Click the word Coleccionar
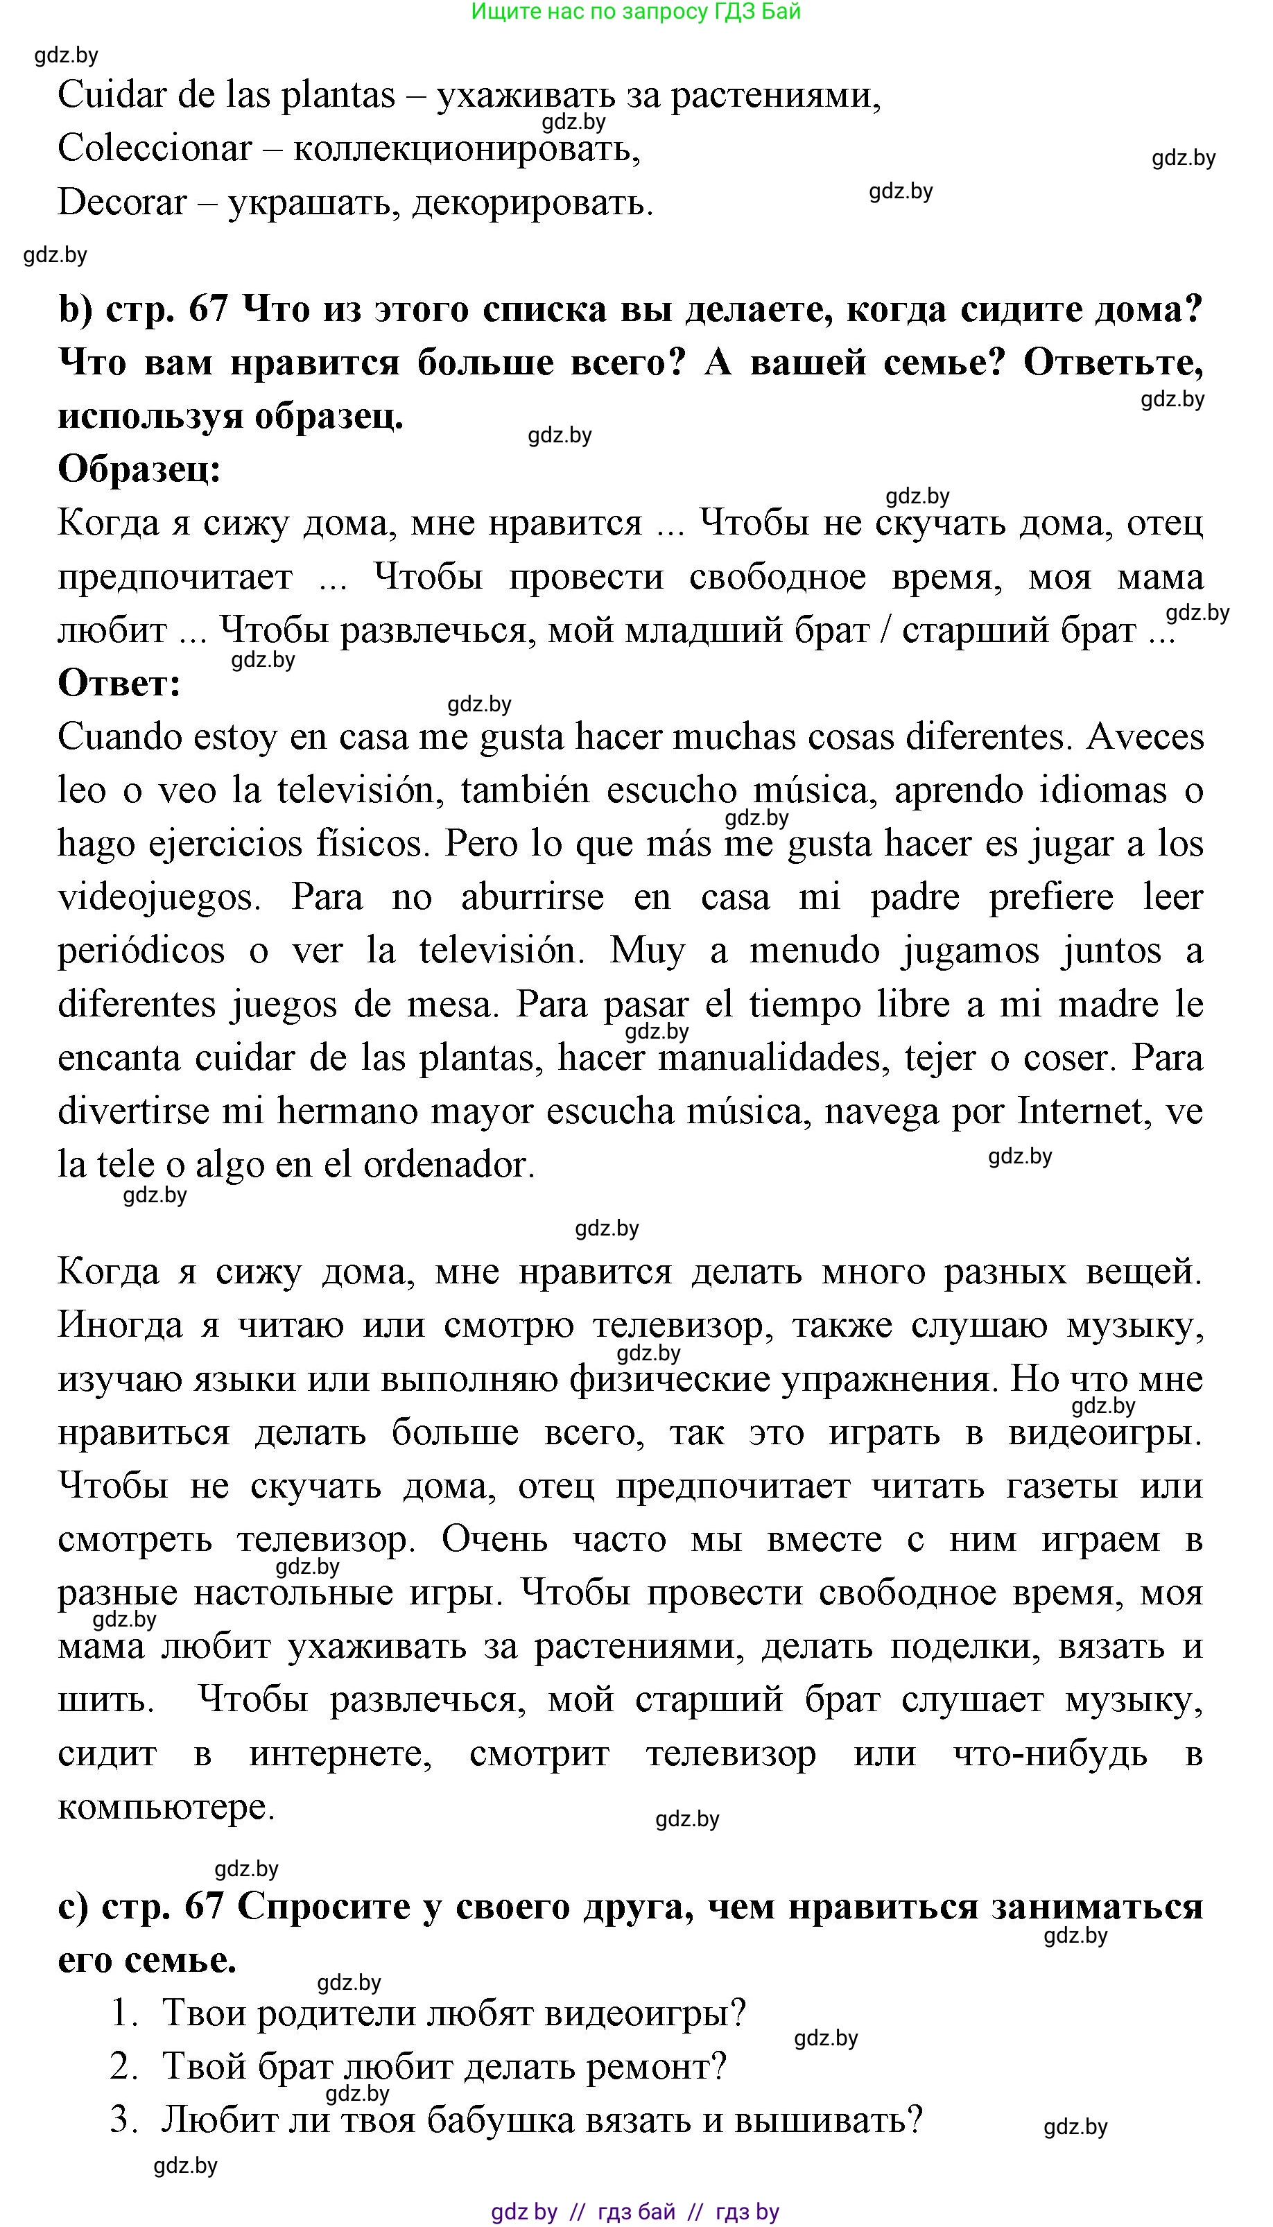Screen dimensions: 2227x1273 [x=155, y=148]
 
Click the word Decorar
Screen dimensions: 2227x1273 [x=123, y=202]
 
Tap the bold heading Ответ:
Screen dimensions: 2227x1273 [x=119, y=683]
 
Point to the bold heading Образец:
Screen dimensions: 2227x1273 [x=139, y=469]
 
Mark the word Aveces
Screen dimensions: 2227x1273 [x=1145, y=737]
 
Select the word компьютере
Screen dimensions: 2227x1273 [x=165, y=1808]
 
